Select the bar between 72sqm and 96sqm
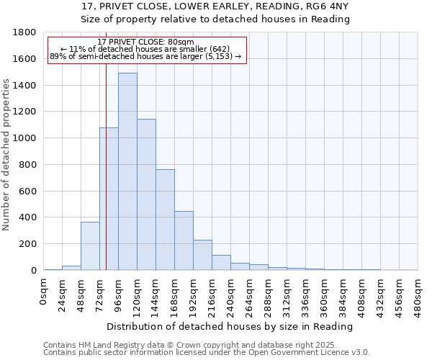[x=109, y=199]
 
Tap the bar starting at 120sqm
[x=146, y=194]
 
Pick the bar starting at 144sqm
[x=165, y=220]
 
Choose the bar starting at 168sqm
[x=184, y=240]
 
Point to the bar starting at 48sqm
[x=90, y=246]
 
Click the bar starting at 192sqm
[x=202, y=255]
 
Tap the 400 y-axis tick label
[x=30, y=217]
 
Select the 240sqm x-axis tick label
[x=230, y=294]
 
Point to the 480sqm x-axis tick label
[x=418, y=294]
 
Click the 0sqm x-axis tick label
[x=43, y=291]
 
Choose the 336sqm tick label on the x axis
[x=305, y=294]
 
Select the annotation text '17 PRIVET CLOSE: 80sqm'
[x=145, y=42]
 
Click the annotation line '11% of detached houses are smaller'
[x=145, y=48]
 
